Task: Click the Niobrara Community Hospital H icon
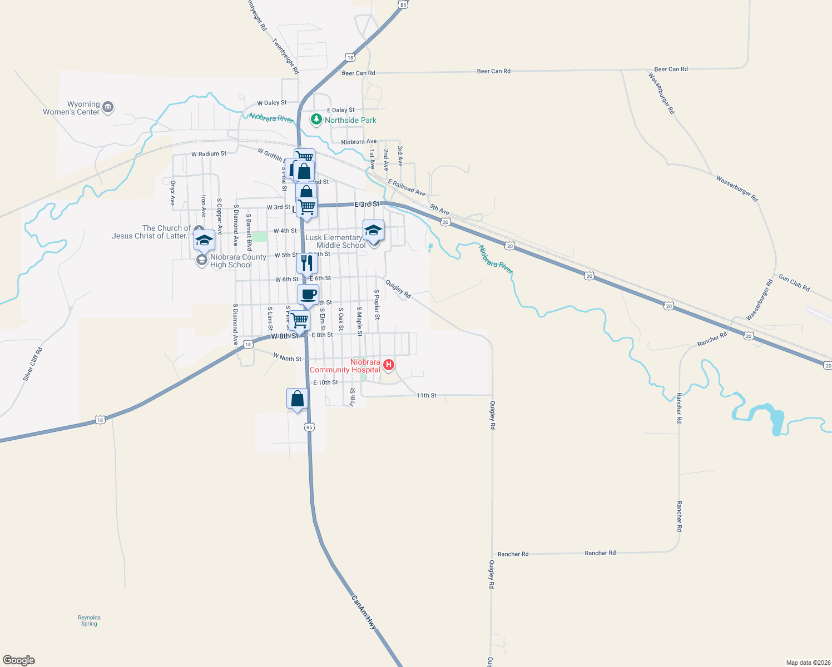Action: click(389, 365)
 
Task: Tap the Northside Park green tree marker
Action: click(316, 120)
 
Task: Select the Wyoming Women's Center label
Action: click(72, 108)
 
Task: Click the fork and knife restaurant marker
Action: click(307, 263)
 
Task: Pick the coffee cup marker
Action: click(308, 295)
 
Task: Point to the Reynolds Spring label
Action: click(89, 620)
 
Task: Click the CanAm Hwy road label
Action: click(364, 613)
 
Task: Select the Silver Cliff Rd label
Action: click(33, 364)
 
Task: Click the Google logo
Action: click(19, 660)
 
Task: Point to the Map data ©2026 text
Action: click(808, 663)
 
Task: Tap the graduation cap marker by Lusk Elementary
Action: click(373, 230)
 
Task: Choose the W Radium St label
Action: click(209, 154)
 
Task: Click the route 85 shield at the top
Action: click(403, 4)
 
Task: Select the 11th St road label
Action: click(427, 395)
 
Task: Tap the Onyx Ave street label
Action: click(173, 193)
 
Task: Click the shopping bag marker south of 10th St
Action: click(297, 399)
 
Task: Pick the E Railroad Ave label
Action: click(407, 187)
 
